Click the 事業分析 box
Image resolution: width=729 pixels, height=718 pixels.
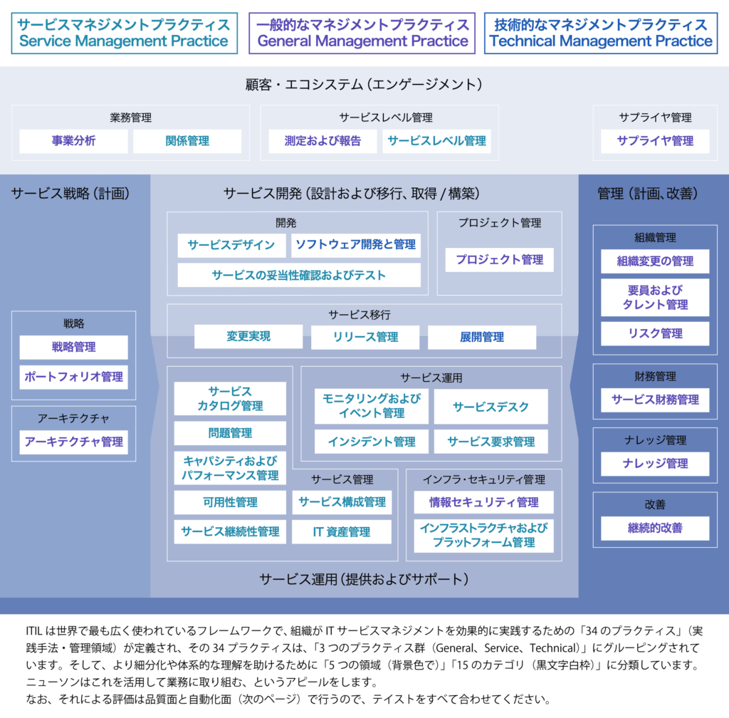tap(73, 141)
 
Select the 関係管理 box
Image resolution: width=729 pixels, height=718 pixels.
tap(187, 141)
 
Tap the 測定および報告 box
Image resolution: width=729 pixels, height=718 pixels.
tap(322, 141)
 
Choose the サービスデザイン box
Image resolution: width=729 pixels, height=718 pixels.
tap(231, 245)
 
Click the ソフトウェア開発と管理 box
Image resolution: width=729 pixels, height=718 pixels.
tap(356, 245)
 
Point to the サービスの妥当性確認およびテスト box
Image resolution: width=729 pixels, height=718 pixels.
tap(299, 275)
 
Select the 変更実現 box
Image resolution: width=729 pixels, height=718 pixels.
tap(248, 336)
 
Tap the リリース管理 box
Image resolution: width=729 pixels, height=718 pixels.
tap(365, 337)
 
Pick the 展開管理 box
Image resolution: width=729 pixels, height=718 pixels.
tap(482, 337)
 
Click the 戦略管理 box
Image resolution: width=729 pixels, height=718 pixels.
tap(73, 348)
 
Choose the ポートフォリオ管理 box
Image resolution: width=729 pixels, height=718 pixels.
tap(73, 377)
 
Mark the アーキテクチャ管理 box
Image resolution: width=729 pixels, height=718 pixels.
tap(73, 442)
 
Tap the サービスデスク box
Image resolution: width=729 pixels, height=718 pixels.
tap(491, 407)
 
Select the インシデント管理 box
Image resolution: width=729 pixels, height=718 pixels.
tap(372, 442)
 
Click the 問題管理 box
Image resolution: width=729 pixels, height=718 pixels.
tap(230, 433)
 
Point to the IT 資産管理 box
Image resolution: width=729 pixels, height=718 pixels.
tap(342, 531)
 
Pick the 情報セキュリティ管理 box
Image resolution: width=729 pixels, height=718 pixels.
tap(484, 502)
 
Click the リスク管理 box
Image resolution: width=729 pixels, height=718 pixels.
tap(655, 333)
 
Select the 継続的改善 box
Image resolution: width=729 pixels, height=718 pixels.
tap(655, 529)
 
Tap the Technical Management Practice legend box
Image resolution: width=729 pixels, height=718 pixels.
tap(601, 33)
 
